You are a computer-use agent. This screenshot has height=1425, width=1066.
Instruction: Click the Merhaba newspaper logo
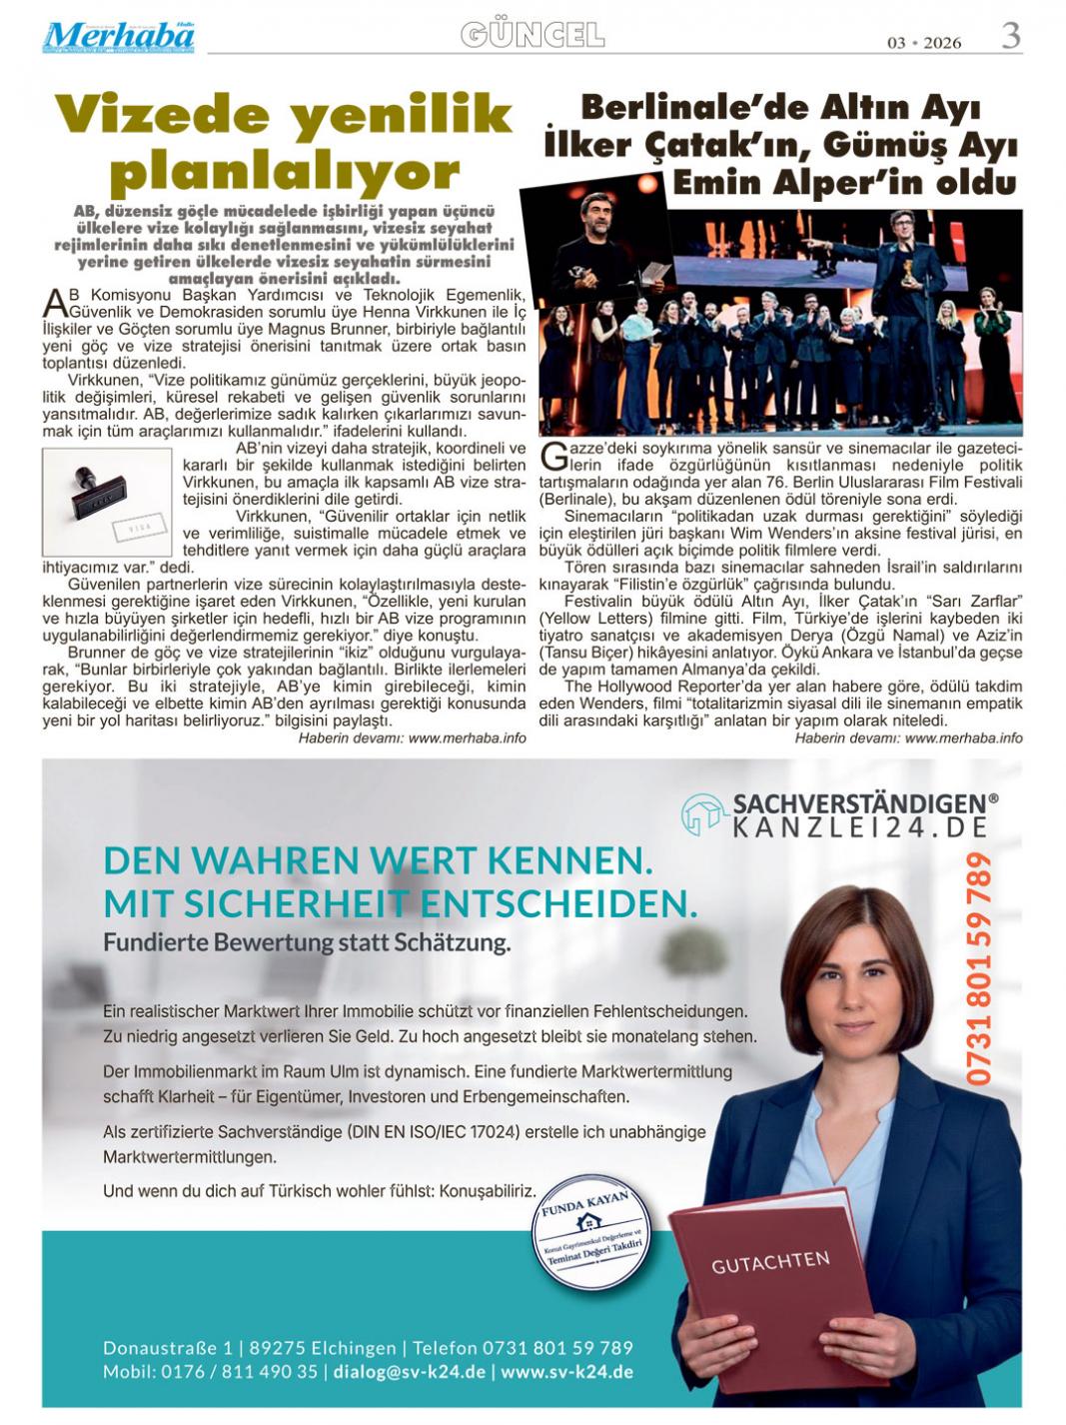pos(118,37)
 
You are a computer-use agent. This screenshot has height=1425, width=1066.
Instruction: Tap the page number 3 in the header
pos(1010,36)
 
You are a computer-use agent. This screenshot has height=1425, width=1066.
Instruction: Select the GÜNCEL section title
pos(532,36)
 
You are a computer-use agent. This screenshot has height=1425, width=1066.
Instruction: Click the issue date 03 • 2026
pos(923,42)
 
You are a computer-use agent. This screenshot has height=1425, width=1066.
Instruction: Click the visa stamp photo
pos(107,502)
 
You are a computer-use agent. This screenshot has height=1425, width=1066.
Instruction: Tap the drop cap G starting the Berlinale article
pos(551,455)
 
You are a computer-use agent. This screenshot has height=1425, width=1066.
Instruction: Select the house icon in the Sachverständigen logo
pos(703,814)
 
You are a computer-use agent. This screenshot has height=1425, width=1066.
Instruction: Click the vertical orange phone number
pos(979,968)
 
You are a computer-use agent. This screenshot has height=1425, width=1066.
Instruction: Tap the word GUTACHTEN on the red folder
pos(770,1262)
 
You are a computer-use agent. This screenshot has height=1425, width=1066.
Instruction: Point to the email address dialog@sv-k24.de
pos(410,1372)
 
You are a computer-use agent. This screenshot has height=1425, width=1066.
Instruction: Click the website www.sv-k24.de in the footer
pos(566,1372)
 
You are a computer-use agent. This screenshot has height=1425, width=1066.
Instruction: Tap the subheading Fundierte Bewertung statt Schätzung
pos(307,942)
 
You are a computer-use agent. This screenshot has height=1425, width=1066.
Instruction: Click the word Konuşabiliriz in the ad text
pos(489,1190)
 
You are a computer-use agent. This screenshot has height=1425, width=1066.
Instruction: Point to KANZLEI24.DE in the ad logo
pos(860,827)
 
